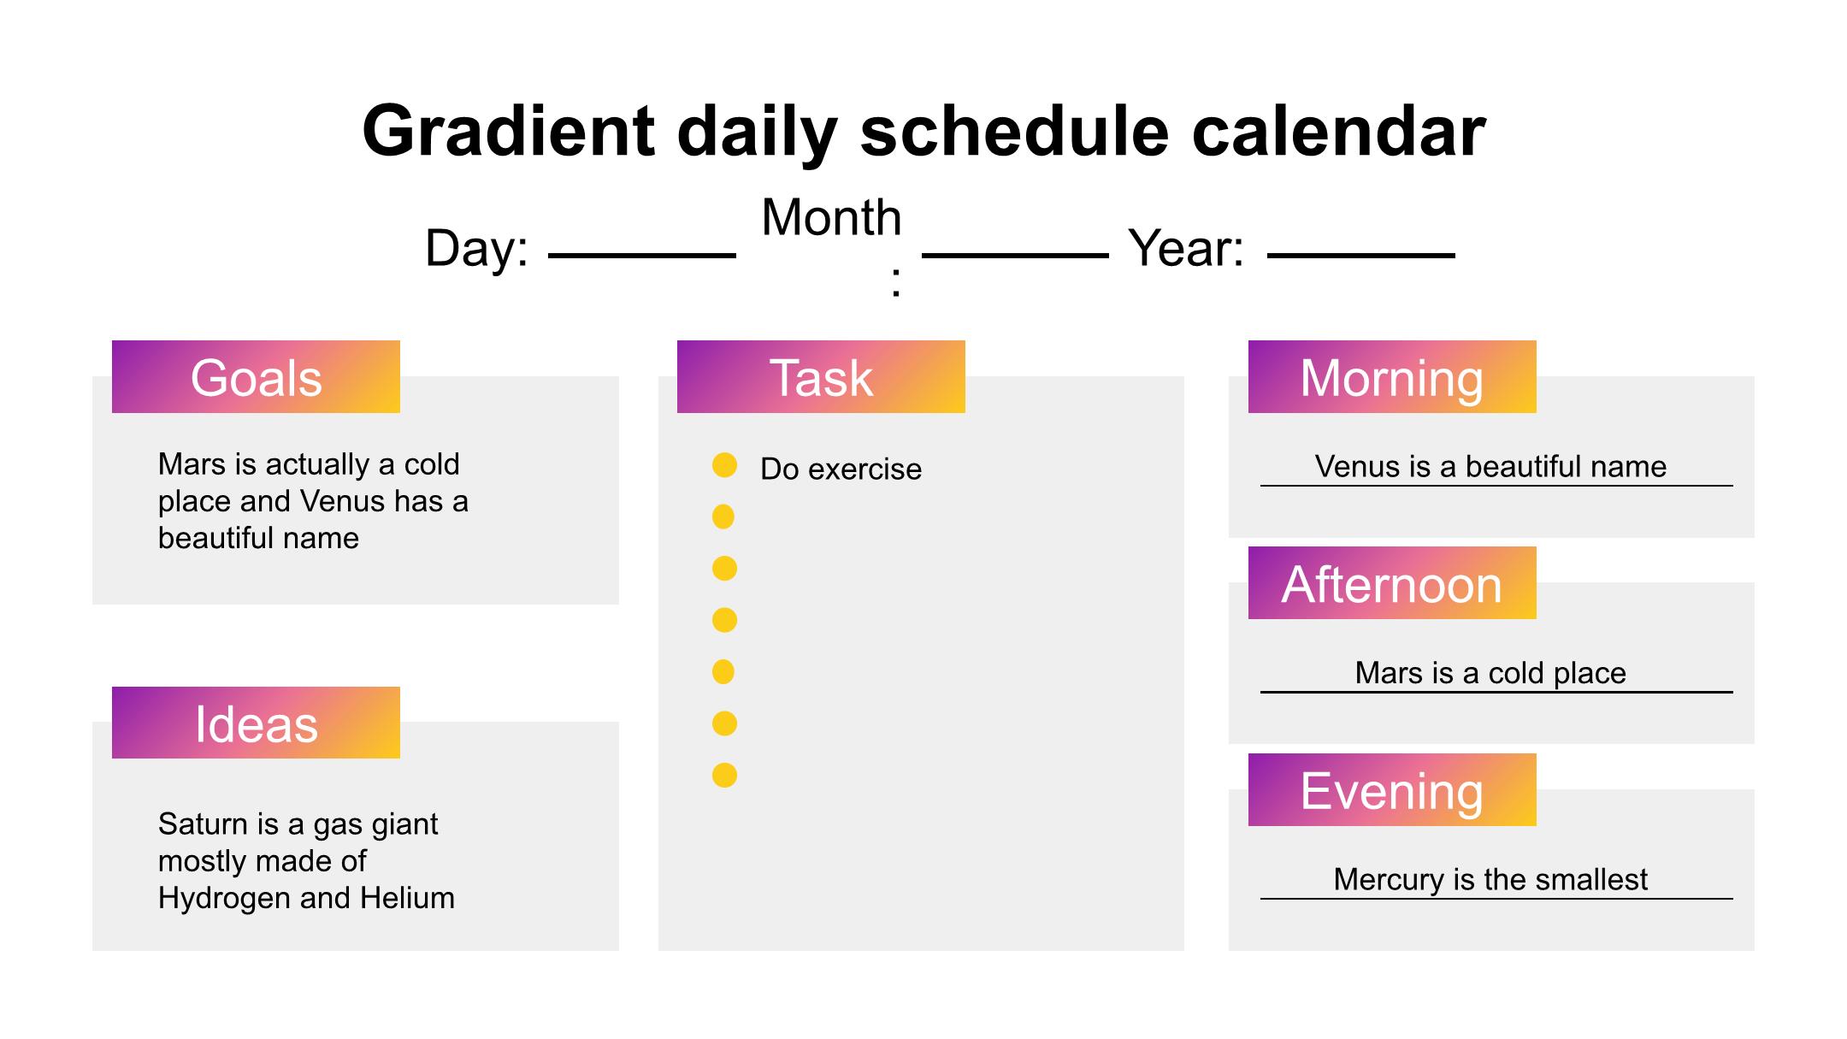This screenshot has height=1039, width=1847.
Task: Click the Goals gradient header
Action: click(256, 377)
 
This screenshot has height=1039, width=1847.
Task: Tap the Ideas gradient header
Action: click(256, 723)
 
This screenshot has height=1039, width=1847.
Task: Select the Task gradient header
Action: click(821, 377)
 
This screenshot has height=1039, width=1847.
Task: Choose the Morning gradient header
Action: click(1392, 377)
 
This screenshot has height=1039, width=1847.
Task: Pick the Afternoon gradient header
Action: click(1392, 583)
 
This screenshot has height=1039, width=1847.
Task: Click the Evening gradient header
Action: click(1392, 790)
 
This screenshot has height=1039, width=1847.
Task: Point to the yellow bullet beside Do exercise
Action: click(724, 465)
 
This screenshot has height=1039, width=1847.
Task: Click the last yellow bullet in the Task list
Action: click(724, 776)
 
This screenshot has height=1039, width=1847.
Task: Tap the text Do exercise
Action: click(841, 469)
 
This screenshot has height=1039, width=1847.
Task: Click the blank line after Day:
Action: click(642, 256)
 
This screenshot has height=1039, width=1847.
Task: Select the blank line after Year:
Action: click(1361, 256)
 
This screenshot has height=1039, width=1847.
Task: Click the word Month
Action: click(831, 217)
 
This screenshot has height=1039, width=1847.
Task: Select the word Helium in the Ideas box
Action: click(407, 898)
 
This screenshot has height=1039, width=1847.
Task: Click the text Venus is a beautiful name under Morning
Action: click(1490, 466)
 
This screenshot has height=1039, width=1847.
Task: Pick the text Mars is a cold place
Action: click(1490, 673)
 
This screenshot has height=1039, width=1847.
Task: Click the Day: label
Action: click(476, 248)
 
